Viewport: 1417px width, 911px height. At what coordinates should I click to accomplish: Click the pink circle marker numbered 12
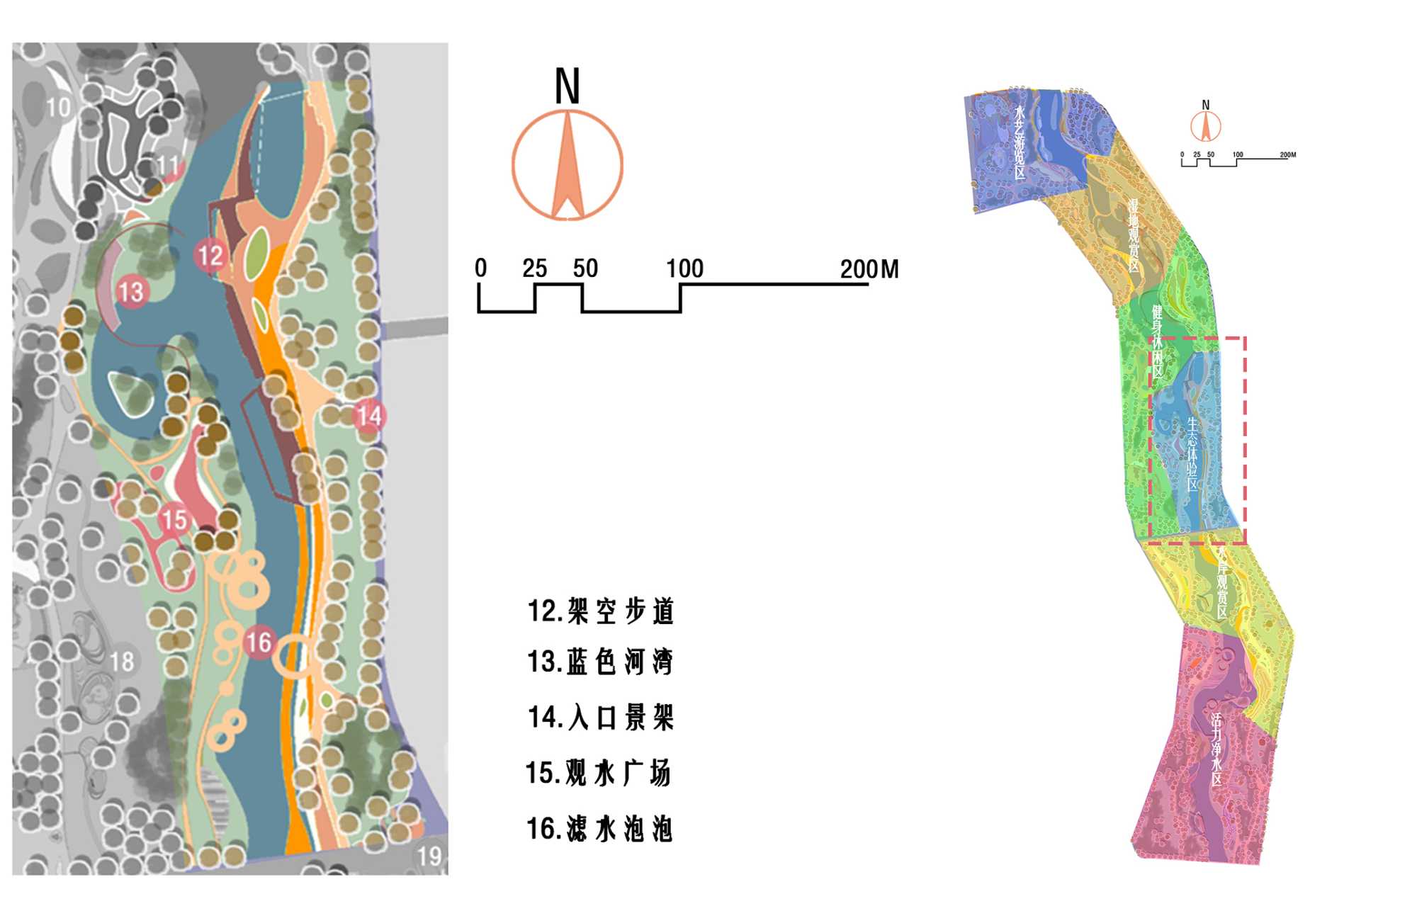[210, 256]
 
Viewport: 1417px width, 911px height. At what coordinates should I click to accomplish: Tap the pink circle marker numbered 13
[131, 292]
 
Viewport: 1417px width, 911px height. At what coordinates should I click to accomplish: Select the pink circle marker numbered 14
[369, 416]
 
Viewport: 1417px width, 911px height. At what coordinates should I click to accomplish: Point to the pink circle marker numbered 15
[174, 519]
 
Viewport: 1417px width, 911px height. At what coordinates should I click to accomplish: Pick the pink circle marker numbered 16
[259, 643]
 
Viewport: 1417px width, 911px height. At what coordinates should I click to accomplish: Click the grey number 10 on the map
[58, 108]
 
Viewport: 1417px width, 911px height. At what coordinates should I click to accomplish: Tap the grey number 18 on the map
[122, 662]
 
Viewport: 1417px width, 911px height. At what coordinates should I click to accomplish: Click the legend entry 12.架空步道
[600, 611]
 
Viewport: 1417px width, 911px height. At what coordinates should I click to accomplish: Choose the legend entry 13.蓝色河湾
[600, 662]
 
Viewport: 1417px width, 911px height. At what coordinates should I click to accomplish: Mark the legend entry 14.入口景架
[600, 717]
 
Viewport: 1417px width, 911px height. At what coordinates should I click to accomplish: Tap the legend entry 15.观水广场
[599, 773]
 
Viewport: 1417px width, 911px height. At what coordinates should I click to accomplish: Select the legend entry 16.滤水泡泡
[599, 828]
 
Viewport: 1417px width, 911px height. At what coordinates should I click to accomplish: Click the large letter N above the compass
[567, 86]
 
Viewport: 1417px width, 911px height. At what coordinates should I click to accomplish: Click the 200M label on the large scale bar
[869, 269]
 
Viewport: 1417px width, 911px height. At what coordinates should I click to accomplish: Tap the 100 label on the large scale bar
[684, 268]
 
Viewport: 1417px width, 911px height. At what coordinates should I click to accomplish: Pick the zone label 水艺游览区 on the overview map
[1020, 142]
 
